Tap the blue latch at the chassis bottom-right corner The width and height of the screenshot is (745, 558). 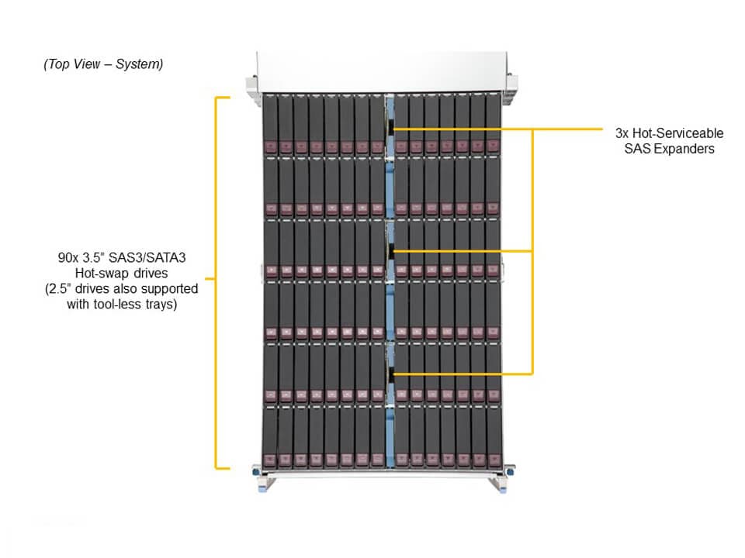(509, 470)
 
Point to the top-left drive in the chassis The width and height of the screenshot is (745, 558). (270, 124)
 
